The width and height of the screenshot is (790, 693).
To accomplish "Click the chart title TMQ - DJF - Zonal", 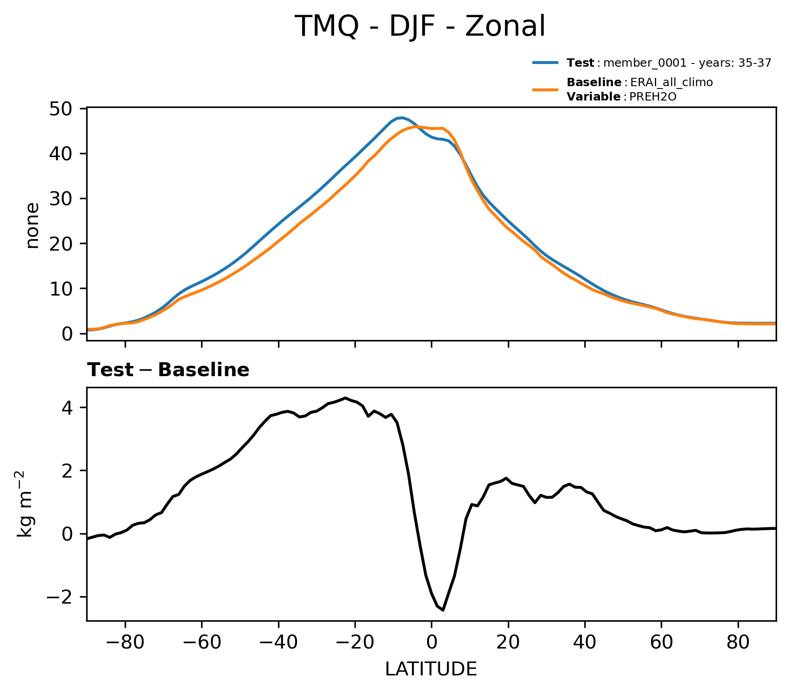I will tap(420, 26).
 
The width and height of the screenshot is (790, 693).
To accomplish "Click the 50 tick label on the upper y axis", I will tap(60, 109).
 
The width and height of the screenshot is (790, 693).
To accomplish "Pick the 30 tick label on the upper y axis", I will tap(60, 199).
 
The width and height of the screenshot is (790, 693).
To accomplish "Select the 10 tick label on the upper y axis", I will tap(60, 289).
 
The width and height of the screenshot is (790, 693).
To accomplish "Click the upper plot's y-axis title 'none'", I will tap(32, 226).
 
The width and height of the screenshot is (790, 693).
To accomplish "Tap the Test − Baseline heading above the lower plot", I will tap(168, 370).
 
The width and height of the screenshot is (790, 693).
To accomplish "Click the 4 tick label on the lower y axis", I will tap(73, 408).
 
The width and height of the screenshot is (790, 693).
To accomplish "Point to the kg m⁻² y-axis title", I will tap(26, 504).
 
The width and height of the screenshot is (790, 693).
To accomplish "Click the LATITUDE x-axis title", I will tap(431, 669).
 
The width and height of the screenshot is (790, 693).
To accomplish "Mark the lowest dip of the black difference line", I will tap(443, 610).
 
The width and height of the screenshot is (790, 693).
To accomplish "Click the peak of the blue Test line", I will tap(402, 118).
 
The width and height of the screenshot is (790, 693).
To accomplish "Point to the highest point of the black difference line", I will tap(345, 398).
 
